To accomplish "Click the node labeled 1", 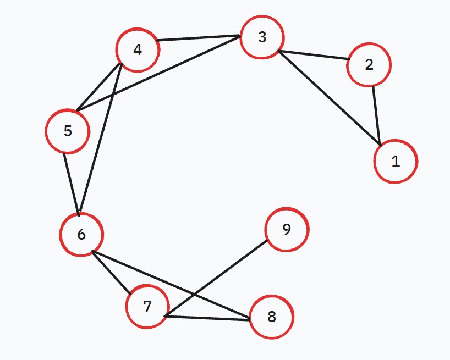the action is pos(396,162).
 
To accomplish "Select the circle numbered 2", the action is pos(369,64).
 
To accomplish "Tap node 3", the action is pos(262,37).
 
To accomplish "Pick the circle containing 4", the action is pos(138,50).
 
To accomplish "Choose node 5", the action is pos(68,131).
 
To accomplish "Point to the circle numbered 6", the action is pos(81,235).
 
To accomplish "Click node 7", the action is pos(147,306).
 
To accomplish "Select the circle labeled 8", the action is pos(272,317).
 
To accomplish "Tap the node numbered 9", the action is pos(287,230).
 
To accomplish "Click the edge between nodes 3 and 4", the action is pos(198,38).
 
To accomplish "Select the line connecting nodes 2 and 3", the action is pos(314,55).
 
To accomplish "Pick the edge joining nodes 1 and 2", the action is pos(376,115).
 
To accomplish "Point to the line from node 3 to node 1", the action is pos(330,98).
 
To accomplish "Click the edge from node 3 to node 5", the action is pos(158,73).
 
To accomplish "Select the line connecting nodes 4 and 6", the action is pos(101,139).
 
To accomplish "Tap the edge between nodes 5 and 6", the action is pos(71,184).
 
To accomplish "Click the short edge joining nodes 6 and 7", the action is pos(111,273).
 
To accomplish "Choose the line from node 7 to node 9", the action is pos(216,278).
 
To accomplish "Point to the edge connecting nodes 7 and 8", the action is pos(207,318).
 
